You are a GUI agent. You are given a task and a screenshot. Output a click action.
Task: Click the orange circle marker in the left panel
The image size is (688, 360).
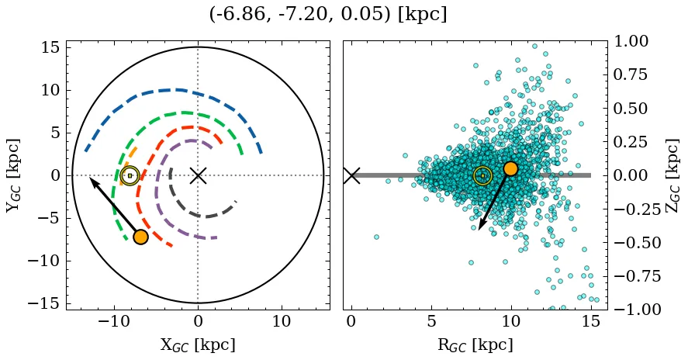pyautogui.click(x=140, y=237)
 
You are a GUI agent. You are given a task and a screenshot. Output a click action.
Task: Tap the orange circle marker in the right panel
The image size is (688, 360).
pyautogui.click(x=510, y=168)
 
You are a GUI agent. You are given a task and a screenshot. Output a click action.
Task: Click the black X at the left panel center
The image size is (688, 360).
pyautogui.click(x=198, y=175)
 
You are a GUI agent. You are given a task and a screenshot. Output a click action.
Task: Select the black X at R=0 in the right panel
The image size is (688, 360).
pyautogui.click(x=351, y=175)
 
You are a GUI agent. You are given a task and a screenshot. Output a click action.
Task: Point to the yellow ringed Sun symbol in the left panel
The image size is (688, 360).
pyautogui.click(x=130, y=176)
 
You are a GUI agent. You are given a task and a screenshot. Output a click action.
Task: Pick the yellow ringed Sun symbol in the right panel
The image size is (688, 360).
pyautogui.click(x=482, y=176)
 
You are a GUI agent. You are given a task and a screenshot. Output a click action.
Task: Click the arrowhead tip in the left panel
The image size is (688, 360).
pyautogui.click(x=90, y=178)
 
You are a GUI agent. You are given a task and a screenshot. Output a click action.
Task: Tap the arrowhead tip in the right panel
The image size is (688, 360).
pyautogui.click(x=479, y=230)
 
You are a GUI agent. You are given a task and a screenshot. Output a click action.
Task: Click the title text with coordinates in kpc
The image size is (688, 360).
pyautogui.click(x=328, y=15)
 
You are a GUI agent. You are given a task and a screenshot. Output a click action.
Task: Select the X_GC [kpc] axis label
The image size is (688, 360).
pyautogui.click(x=198, y=345)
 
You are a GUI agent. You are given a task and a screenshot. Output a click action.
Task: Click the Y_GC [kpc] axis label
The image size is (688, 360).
pyautogui.click(x=13, y=175)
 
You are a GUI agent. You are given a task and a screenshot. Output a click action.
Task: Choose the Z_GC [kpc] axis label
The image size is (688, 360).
pyautogui.click(x=673, y=175)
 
